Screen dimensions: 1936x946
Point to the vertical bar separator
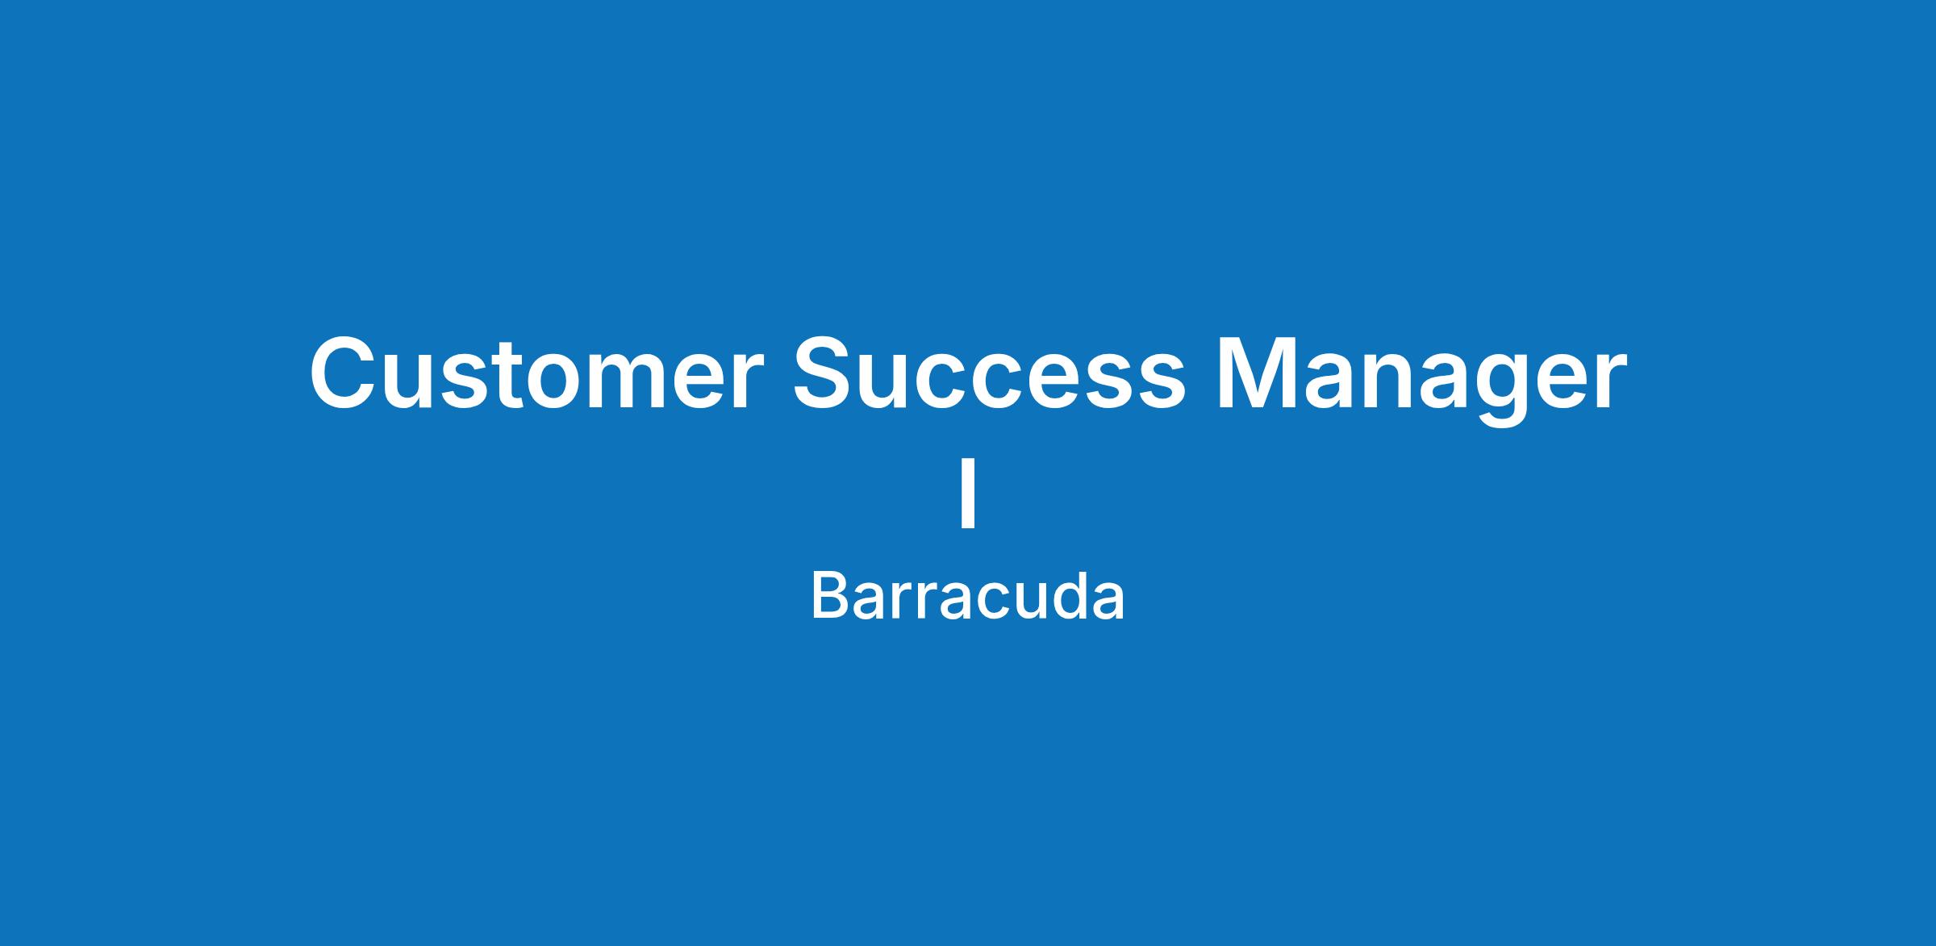pos(968,493)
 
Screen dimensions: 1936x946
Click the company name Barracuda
pos(967,597)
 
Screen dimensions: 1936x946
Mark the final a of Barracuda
pos(1108,603)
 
